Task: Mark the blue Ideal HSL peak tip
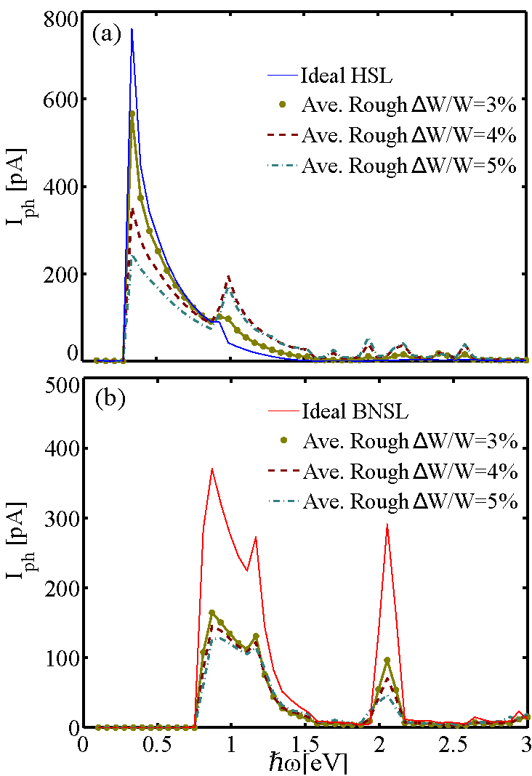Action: (x=132, y=29)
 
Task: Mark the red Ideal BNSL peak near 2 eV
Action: (x=387, y=524)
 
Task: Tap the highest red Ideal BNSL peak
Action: (x=211, y=469)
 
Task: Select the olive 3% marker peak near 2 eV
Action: (x=387, y=660)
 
